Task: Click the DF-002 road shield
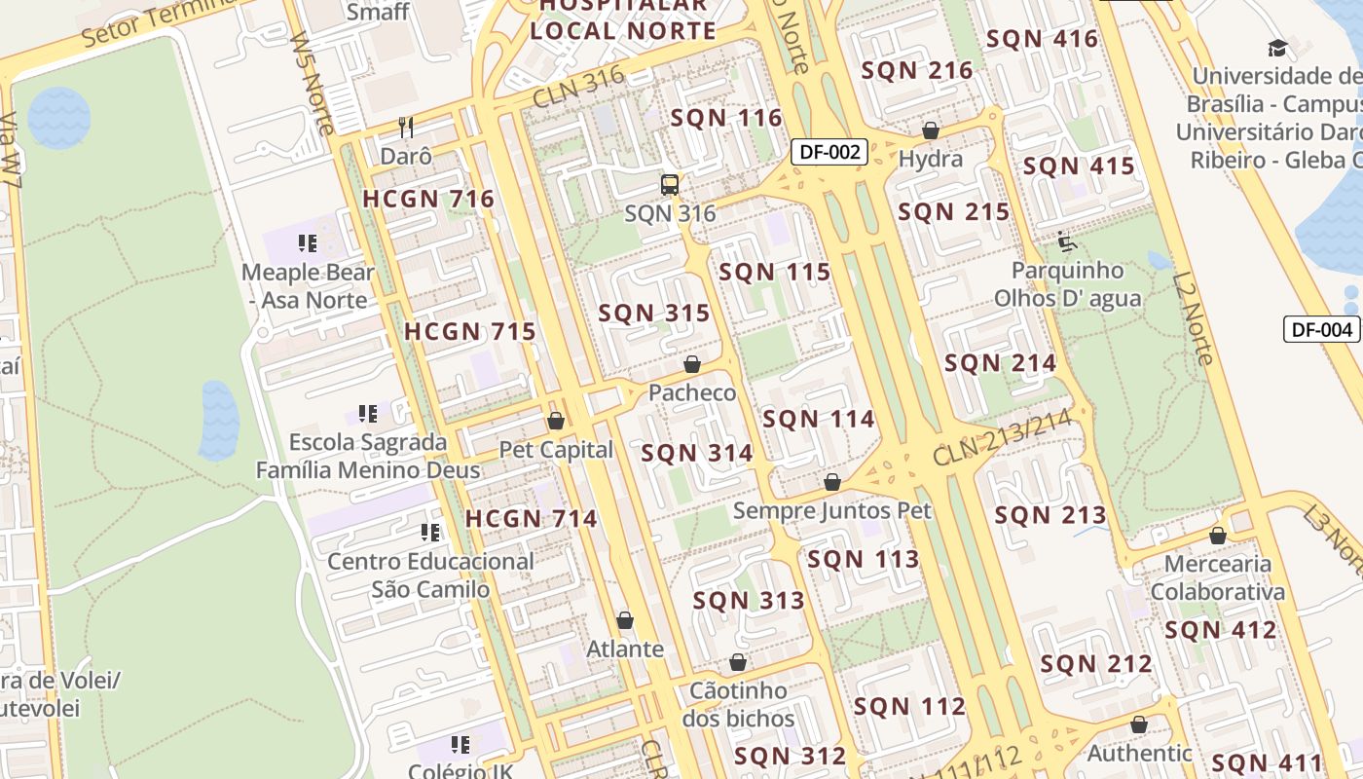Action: [829, 152]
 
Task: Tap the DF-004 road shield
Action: [1321, 329]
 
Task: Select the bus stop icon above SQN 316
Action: [670, 184]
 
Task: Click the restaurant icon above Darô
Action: [406, 127]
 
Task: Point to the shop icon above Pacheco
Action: [692, 364]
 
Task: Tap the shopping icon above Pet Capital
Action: [556, 421]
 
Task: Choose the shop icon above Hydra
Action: [931, 130]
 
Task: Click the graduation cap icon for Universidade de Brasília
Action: [1276, 48]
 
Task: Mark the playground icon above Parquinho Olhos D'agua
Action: [1067, 241]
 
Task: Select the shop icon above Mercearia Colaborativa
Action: [1217, 536]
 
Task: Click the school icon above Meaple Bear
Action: [309, 242]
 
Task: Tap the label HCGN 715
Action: [470, 331]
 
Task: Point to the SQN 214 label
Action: [1000, 363]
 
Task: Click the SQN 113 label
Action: [864, 559]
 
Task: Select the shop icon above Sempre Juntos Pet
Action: [832, 482]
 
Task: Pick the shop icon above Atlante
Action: [625, 620]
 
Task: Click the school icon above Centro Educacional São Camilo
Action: [430, 532]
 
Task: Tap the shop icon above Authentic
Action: [1139, 724]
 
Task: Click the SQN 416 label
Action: [1042, 39]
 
